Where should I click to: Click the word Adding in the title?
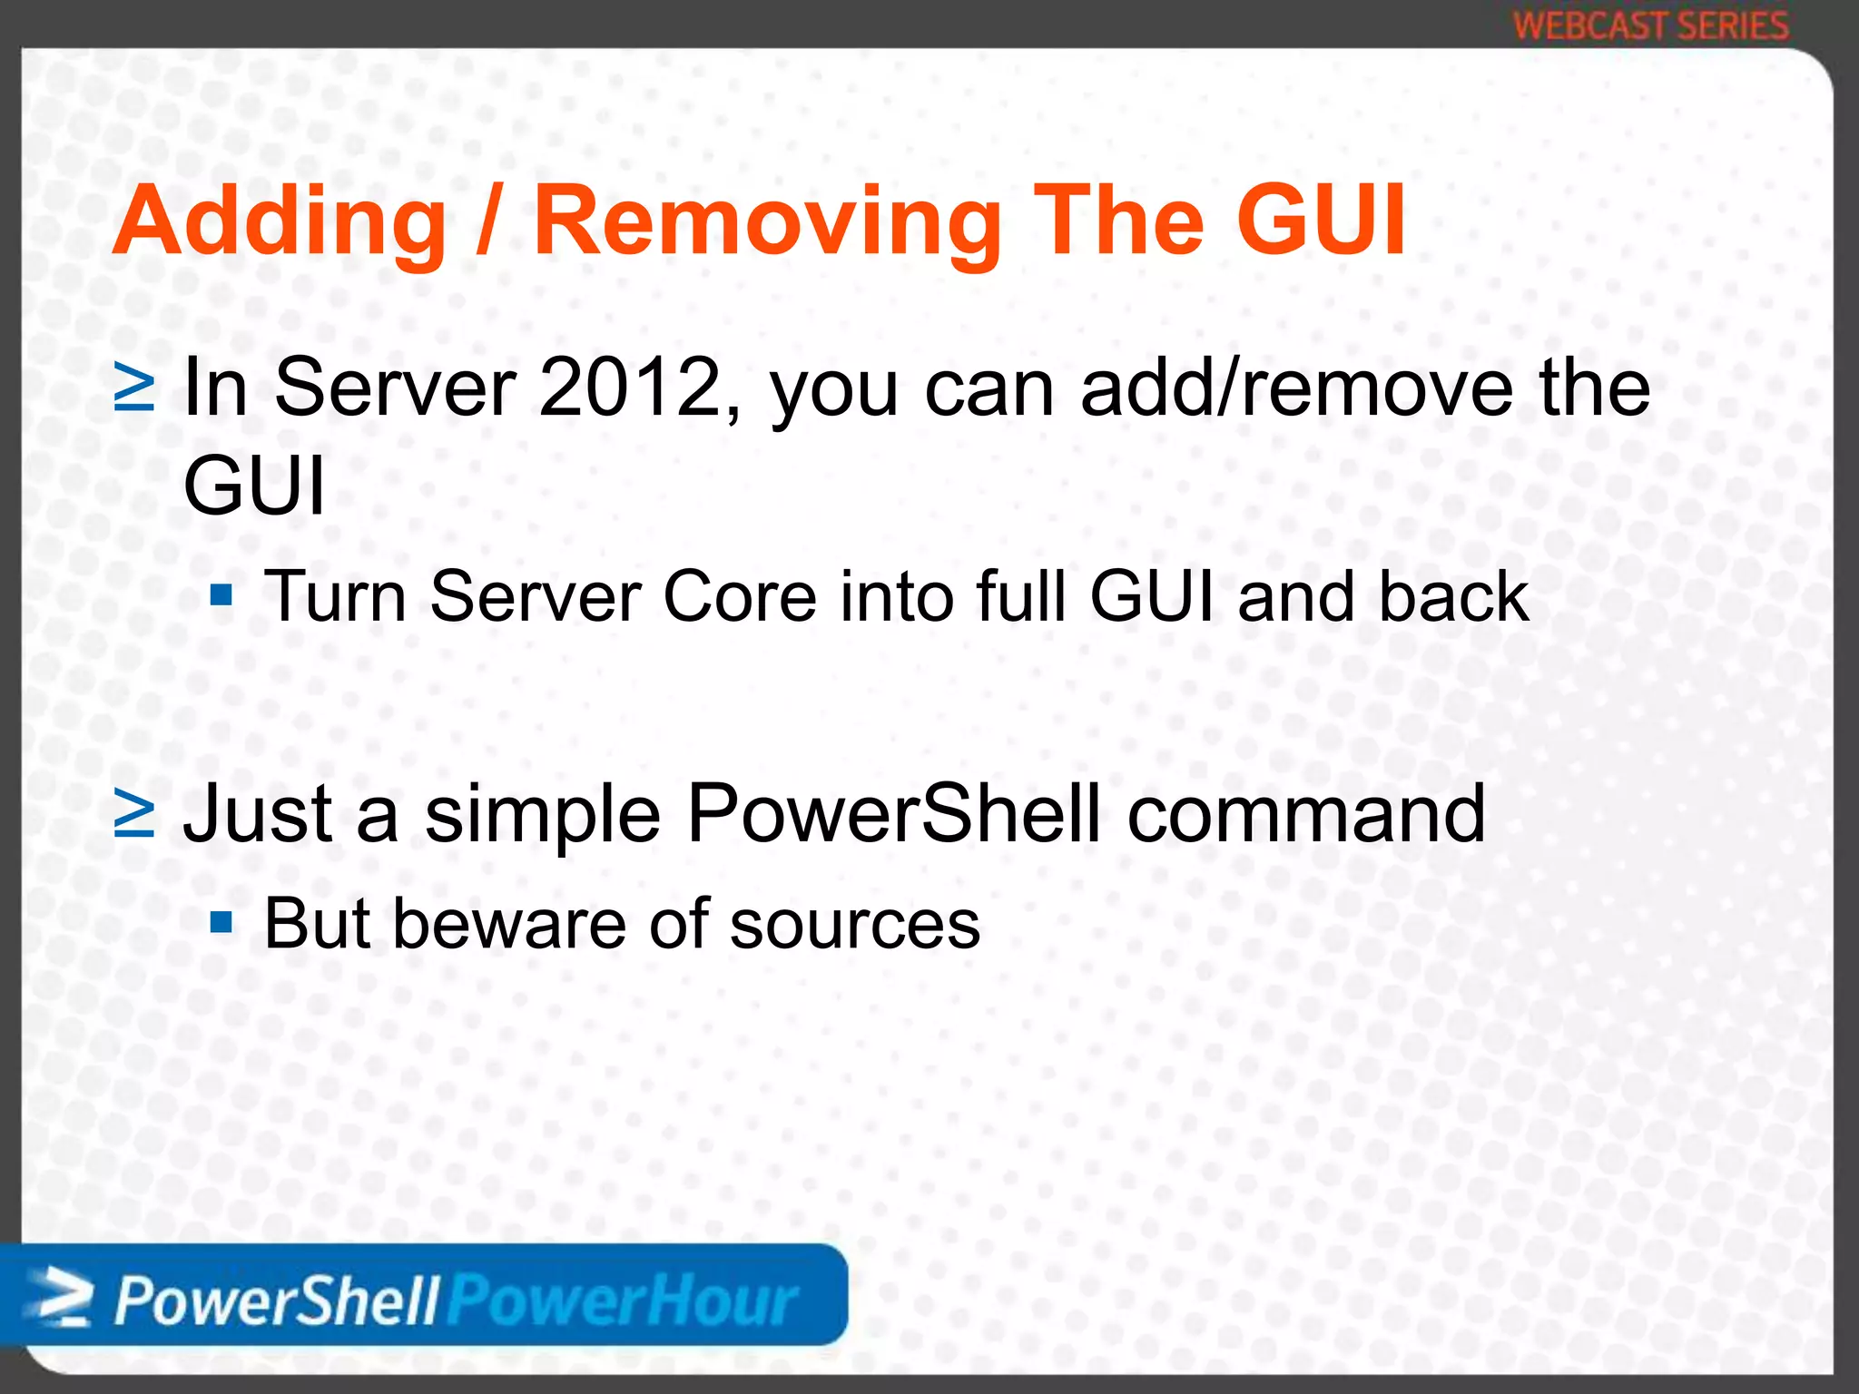[x=280, y=222]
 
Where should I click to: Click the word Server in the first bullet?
[x=395, y=388]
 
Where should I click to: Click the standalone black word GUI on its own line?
[x=254, y=486]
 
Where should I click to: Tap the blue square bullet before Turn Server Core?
[x=221, y=597]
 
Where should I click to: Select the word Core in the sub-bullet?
[x=740, y=597]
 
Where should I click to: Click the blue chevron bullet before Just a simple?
[x=135, y=814]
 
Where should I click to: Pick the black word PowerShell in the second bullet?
[x=894, y=814]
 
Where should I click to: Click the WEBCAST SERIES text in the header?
[x=1651, y=25]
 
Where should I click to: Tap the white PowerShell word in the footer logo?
[x=277, y=1301]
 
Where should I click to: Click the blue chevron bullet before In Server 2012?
[x=135, y=388]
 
